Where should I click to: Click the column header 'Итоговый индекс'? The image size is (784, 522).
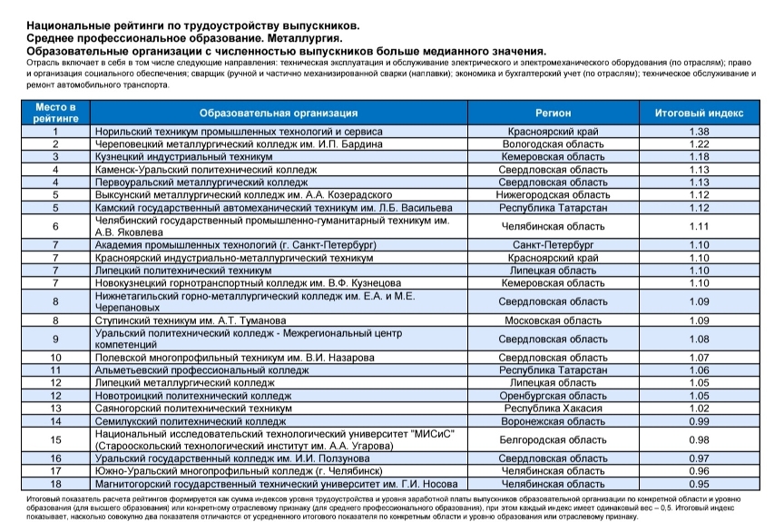point(698,113)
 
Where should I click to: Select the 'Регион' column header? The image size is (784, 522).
point(553,113)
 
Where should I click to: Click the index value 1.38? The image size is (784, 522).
point(698,133)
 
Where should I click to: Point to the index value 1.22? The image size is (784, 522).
point(698,144)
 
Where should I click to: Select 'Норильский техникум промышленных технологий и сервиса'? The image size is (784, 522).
point(239,133)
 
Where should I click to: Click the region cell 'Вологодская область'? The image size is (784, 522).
point(553,144)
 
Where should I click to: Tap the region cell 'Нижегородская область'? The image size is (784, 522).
point(553,194)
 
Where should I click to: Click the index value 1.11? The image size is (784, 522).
point(698,226)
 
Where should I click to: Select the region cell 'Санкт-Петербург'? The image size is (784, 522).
point(553,245)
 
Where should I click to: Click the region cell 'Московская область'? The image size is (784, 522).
point(553,320)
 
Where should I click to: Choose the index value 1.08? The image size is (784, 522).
point(698,340)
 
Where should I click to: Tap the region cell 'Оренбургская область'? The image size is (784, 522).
point(553,396)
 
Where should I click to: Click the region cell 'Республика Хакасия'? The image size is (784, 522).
point(553,409)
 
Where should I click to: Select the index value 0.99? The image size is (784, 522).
point(698,421)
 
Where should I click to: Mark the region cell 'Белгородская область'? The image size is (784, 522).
point(553,440)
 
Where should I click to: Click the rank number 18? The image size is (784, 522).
point(56,484)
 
